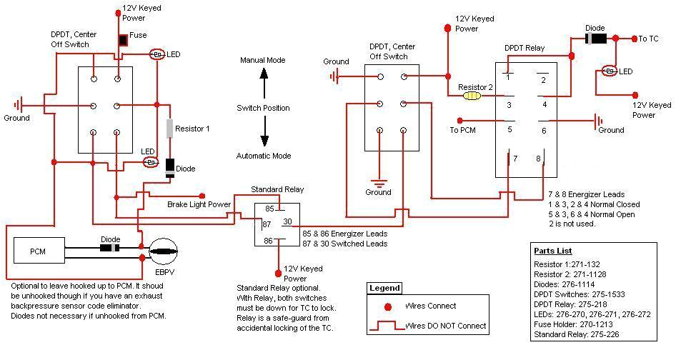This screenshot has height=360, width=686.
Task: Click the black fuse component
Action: [123, 40]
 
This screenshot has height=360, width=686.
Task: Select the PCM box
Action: [39, 250]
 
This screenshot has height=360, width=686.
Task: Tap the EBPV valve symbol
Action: [163, 252]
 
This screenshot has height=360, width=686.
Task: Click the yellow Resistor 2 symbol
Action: [472, 96]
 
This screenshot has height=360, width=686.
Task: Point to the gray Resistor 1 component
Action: [170, 129]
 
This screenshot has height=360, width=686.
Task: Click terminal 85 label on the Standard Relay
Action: [269, 209]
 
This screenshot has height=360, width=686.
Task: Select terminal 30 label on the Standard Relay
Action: [287, 221]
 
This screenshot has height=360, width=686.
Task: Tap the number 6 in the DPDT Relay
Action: [544, 130]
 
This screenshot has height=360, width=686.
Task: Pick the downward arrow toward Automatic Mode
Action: [264, 131]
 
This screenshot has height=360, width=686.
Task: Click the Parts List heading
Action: [552, 251]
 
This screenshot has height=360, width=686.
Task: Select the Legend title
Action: [384, 288]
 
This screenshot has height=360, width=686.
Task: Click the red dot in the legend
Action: [387, 306]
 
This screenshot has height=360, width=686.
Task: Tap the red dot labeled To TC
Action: [635, 39]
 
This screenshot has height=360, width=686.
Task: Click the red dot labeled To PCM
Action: [459, 120]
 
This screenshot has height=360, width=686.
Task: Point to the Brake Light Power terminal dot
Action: [202, 196]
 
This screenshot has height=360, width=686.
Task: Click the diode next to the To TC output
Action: [596, 39]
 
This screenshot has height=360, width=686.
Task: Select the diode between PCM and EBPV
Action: [109, 248]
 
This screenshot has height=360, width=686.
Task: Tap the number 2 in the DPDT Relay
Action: [543, 80]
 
